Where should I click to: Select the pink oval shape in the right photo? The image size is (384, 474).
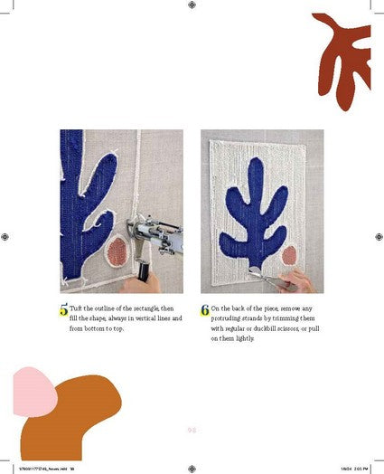288,255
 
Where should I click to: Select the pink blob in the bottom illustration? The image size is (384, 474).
33,386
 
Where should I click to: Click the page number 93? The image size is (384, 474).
192,430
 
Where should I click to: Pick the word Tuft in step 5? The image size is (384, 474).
78,308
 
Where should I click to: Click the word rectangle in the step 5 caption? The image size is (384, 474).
144,308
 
